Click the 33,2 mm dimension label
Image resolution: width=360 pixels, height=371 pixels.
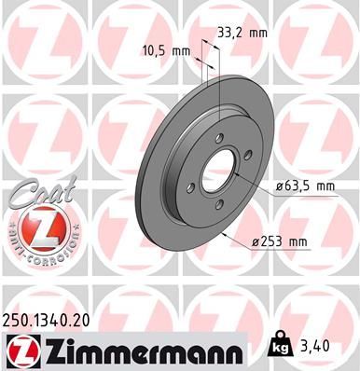point(242,33)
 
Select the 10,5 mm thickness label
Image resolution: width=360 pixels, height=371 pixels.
point(166,50)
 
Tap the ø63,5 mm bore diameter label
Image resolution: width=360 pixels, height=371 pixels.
point(305,186)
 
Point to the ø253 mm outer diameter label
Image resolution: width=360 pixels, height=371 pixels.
point(279,241)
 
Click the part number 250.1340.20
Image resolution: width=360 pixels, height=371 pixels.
point(46,321)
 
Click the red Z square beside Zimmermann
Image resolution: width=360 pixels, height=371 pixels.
point(23,352)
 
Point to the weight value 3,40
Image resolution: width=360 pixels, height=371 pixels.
point(314,346)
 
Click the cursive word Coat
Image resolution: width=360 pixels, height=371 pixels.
point(43,193)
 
